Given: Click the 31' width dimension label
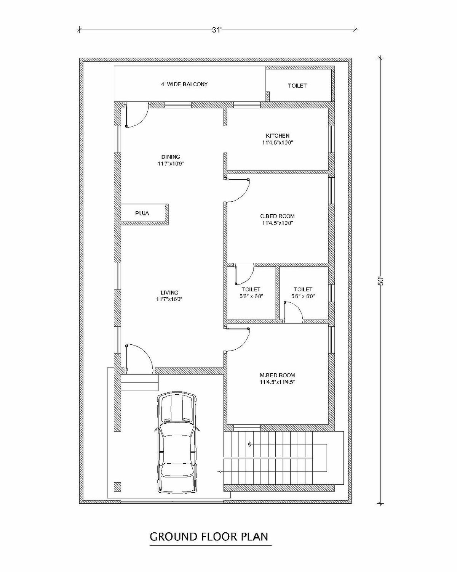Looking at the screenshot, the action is [217, 30].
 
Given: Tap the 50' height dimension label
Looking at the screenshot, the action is [381, 281].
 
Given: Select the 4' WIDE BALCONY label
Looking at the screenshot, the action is [184, 84].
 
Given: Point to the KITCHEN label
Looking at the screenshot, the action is [278, 136].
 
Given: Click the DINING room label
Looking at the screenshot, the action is [171, 157].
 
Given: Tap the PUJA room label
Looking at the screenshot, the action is [142, 213].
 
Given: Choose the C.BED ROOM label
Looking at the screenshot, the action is [277, 216].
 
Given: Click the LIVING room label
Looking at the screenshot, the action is [169, 292].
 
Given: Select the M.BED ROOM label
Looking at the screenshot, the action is [277, 375].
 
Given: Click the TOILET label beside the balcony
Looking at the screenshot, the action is [297, 85].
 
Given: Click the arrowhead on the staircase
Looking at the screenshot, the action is [249, 443].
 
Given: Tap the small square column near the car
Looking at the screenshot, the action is [117, 487].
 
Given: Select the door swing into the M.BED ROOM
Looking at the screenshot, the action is [237, 340].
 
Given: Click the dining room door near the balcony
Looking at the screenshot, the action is [136, 115].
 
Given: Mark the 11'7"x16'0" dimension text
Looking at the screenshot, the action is [169, 299].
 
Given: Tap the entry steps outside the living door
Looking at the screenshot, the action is [140, 383].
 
